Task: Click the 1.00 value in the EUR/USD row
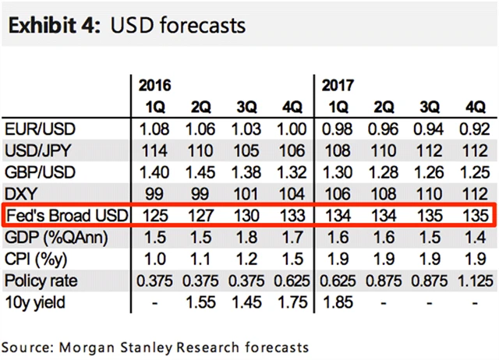[289, 128]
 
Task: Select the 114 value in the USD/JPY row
[157, 150]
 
